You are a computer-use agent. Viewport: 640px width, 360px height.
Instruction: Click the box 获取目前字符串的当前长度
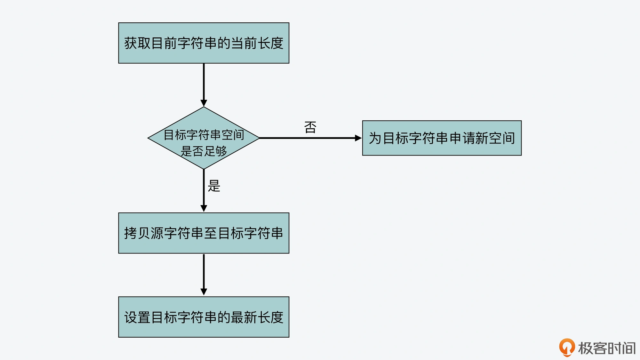click(204, 43)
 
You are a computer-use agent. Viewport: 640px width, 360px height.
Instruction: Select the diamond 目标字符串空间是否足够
click(204, 138)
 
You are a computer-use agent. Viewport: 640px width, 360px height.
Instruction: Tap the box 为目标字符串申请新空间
click(442, 138)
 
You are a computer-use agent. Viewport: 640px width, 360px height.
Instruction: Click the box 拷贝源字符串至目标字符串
click(204, 233)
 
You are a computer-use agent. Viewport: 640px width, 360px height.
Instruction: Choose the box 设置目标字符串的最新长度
click(204, 317)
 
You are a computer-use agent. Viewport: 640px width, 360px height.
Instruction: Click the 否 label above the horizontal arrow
click(310, 127)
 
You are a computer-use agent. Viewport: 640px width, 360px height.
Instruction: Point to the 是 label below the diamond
click(214, 186)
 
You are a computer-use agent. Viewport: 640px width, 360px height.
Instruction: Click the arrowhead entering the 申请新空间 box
click(358, 138)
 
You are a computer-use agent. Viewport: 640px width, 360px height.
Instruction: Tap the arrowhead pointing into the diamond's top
click(204, 103)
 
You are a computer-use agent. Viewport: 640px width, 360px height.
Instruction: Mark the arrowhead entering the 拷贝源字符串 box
click(204, 208)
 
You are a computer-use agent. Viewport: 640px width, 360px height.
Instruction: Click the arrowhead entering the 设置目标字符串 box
click(204, 292)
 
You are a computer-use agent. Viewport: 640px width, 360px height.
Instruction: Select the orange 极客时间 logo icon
click(567, 348)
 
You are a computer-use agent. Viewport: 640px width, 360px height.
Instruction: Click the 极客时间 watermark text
click(607, 348)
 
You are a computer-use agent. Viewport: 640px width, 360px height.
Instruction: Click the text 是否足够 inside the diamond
click(204, 151)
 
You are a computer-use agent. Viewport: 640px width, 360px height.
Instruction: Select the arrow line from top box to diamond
click(204, 82)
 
